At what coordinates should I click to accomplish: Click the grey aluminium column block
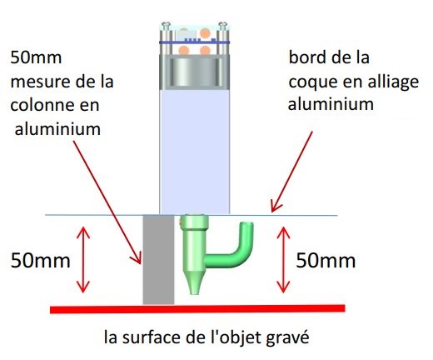coord(158,259)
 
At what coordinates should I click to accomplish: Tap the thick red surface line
coord(197,309)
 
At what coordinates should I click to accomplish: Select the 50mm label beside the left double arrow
coord(41,261)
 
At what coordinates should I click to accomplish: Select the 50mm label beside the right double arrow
coord(326,261)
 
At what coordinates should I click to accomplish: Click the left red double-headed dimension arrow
coord(83,260)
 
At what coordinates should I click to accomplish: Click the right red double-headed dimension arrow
coord(283,260)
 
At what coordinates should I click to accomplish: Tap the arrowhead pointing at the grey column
coord(137,259)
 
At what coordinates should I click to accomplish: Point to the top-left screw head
coord(166,25)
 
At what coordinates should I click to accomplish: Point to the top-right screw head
coord(223,25)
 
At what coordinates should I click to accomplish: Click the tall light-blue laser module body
coord(195,152)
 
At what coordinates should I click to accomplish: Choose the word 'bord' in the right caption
coord(307,57)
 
